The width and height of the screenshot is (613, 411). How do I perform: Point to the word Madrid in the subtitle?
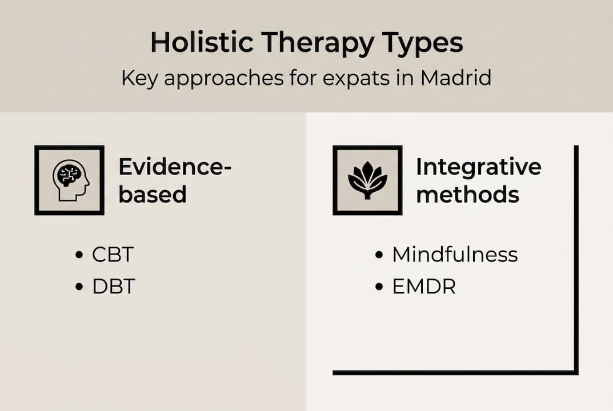[x=455, y=78]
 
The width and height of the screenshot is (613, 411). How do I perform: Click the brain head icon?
[x=70, y=180]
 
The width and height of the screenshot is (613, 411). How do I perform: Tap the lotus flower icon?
[x=367, y=180]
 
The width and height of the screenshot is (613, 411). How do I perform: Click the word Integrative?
[x=478, y=167]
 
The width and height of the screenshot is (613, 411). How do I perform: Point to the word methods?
[x=467, y=195]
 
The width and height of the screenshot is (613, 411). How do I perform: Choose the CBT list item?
[x=113, y=255]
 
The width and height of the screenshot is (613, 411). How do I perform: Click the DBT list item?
[x=114, y=286]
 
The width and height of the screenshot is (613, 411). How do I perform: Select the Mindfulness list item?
[x=455, y=255]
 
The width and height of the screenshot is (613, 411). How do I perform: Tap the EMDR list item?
[x=424, y=286]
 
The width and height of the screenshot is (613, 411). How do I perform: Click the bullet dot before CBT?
[x=80, y=255]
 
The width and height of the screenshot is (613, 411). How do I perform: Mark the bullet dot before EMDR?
[x=379, y=287]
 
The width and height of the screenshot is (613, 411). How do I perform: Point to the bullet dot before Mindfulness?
[x=379, y=255]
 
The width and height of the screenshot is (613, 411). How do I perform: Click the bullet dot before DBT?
[x=80, y=287]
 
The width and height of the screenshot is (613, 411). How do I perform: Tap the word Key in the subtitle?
[x=139, y=78]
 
